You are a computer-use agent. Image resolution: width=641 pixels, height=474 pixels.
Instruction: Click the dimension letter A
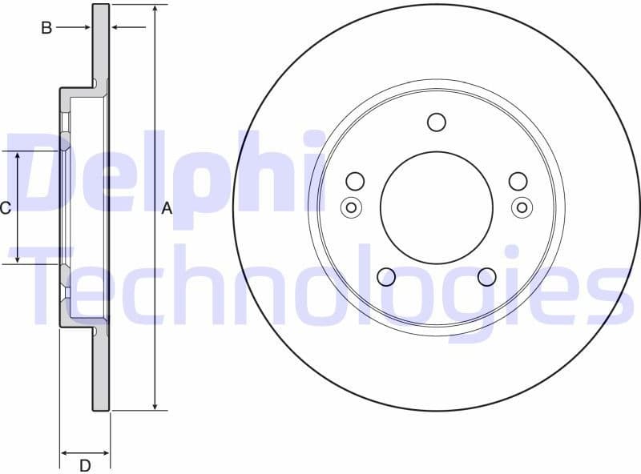click(x=167, y=209)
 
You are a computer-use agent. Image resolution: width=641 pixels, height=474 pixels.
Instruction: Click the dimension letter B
click(x=46, y=28)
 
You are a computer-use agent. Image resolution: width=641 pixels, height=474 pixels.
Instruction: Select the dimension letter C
click(x=6, y=208)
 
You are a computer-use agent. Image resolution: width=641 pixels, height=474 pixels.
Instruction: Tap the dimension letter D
click(x=84, y=464)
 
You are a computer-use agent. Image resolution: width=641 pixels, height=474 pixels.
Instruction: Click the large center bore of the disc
click(x=436, y=207)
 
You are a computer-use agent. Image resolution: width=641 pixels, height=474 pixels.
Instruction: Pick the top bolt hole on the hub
click(x=436, y=123)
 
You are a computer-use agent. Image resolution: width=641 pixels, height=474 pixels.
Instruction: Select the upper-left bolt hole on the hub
click(x=355, y=182)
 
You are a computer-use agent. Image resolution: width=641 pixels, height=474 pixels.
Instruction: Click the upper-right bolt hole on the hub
click(x=518, y=182)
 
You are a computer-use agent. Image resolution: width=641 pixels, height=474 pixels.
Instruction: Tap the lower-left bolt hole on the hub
click(x=386, y=276)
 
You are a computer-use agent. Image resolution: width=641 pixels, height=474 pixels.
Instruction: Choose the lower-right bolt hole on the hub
click(x=486, y=276)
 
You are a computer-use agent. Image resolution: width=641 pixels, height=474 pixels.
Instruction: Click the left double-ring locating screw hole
click(x=351, y=207)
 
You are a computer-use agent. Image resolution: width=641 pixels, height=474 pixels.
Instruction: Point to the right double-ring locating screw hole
click(x=522, y=207)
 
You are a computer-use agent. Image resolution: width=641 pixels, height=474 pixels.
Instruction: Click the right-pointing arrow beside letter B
click(x=87, y=28)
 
